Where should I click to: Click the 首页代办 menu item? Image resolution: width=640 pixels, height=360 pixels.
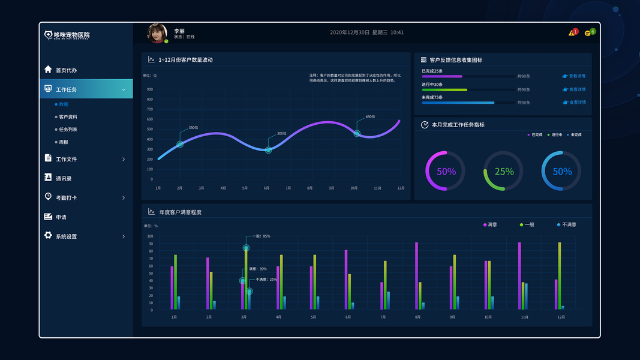[66, 70]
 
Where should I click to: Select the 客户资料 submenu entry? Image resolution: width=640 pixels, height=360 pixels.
[68, 117]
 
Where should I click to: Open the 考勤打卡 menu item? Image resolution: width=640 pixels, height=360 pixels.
[66, 198]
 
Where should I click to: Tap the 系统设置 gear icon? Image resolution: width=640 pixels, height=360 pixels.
[48, 236]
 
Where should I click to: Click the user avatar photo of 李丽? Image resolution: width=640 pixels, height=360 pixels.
[157, 34]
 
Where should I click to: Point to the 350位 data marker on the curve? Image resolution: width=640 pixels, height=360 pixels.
[180, 144]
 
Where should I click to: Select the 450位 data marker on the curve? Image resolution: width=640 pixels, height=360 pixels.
[357, 133]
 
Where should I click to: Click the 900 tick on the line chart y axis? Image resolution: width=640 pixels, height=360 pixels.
[149, 89]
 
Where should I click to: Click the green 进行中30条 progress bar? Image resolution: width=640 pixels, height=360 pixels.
[444, 90]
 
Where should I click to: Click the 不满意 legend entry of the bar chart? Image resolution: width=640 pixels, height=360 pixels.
[566, 224]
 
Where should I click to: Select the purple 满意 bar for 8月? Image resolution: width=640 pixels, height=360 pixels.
[416, 276]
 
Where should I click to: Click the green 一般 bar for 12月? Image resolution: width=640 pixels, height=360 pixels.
[560, 276]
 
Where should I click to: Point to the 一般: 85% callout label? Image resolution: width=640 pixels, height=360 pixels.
[262, 236]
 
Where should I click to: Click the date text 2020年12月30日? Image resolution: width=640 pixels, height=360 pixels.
[349, 32]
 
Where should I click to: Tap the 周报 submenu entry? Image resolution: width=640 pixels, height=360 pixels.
[63, 142]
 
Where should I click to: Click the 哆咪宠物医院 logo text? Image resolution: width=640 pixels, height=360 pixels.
[71, 35]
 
